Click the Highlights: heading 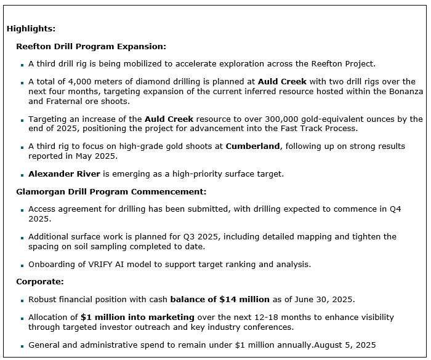click(31, 28)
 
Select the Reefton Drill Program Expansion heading click(91, 46)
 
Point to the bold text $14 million click(244, 300)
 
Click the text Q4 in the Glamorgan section click(395, 209)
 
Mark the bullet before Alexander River click(22, 175)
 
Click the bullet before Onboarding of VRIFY click(22, 265)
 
